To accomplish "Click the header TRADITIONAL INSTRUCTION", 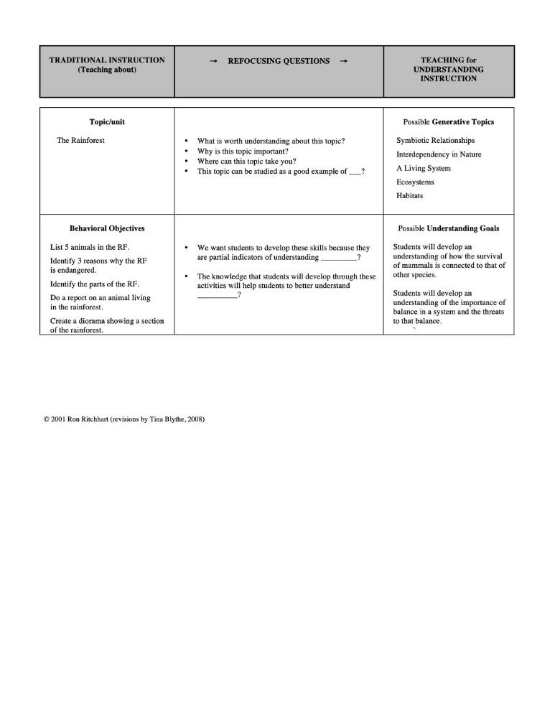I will pyautogui.click(x=107, y=60).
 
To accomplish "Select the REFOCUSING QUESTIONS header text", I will pyautogui.click(x=279, y=61).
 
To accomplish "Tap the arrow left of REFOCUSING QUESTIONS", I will pyautogui.click(x=213, y=61).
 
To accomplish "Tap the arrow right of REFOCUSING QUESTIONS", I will pyautogui.click(x=343, y=61).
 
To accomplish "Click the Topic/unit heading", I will pyautogui.click(x=107, y=122).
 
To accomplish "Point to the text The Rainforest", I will pyautogui.click(x=80, y=141).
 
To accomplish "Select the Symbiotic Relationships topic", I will pyautogui.click(x=435, y=141).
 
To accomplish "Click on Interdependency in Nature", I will pyautogui.click(x=439, y=154).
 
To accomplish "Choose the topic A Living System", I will pyautogui.click(x=424, y=168).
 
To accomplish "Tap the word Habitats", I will pyautogui.click(x=409, y=195).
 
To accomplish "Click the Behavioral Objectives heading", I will pyautogui.click(x=107, y=228).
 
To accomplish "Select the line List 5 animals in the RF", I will pyautogui.click(x=90, y=247).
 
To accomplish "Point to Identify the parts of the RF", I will pyautogui.click(x=95, y=284).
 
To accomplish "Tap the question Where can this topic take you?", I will pyautogui.click(x=246, y=162).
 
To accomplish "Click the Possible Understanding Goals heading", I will pyautogui.click(x=449, y=228).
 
